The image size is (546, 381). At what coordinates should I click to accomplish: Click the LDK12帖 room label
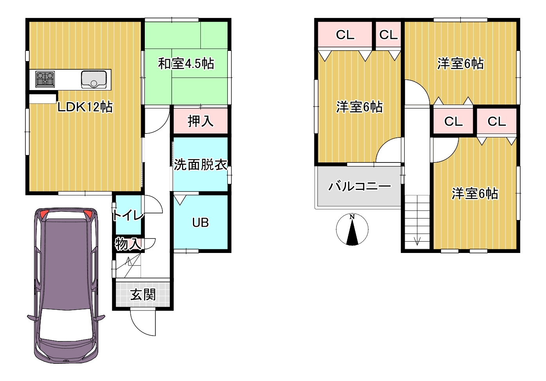(85, 107)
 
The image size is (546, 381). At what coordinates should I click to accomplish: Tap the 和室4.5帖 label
(186, 64)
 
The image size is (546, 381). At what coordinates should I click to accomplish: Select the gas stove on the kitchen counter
(45, 79)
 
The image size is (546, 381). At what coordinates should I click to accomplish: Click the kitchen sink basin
(94, 79)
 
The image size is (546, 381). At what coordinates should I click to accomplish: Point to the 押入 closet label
(200, 121)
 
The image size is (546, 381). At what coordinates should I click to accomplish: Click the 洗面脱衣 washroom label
(200, 164)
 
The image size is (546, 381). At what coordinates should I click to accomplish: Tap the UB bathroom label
(200, 222)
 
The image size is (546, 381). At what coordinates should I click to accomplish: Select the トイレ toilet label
(128, 215)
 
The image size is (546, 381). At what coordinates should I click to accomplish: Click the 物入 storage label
(128, 244)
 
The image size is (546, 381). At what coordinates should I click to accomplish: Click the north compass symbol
(352, 229)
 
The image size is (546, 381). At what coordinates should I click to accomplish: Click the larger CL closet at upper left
(345, 34)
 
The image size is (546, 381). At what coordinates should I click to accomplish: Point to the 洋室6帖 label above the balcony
(359, 107)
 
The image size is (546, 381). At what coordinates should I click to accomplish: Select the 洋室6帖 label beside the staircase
(475, 194)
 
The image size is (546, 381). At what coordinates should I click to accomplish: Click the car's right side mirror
(100, 317)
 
